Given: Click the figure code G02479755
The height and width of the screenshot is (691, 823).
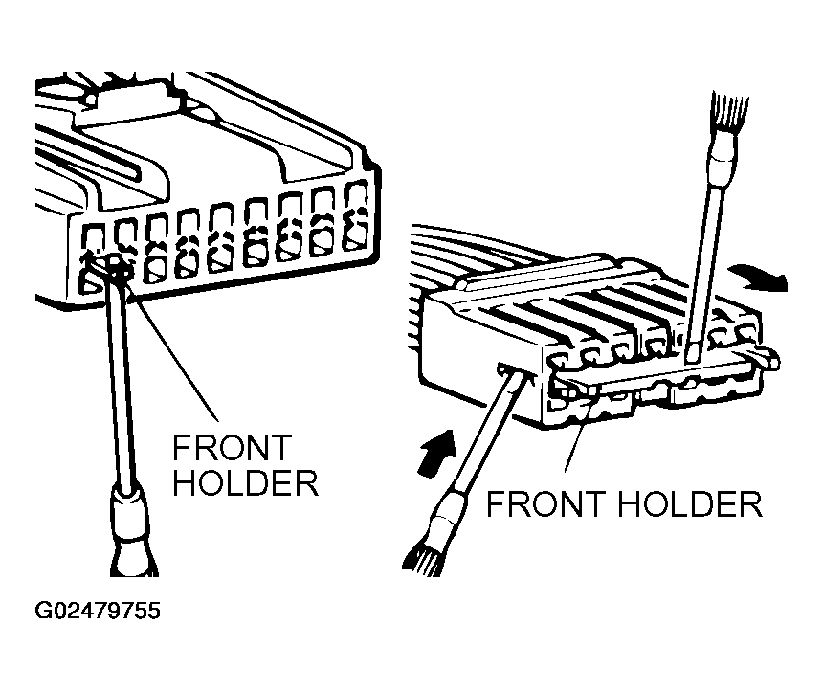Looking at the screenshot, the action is click(98, 611).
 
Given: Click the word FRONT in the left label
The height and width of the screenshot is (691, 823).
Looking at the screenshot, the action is click(232, 448).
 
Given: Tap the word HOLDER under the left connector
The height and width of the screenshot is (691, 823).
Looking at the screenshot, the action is click(246, 482).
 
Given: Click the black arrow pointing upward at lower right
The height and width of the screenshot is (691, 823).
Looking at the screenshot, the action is click(437, 452).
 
